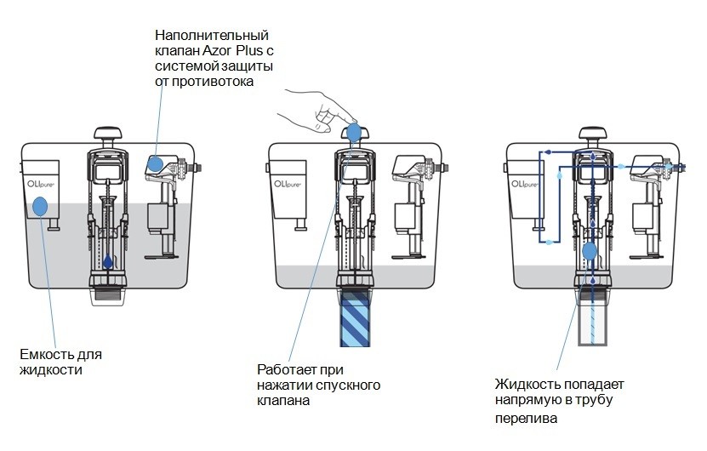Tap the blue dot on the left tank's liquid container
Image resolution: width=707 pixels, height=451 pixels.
(39, 205)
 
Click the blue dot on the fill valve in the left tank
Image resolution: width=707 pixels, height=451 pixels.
(156, 163)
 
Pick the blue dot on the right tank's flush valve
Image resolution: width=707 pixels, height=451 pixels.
(590, 251)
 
